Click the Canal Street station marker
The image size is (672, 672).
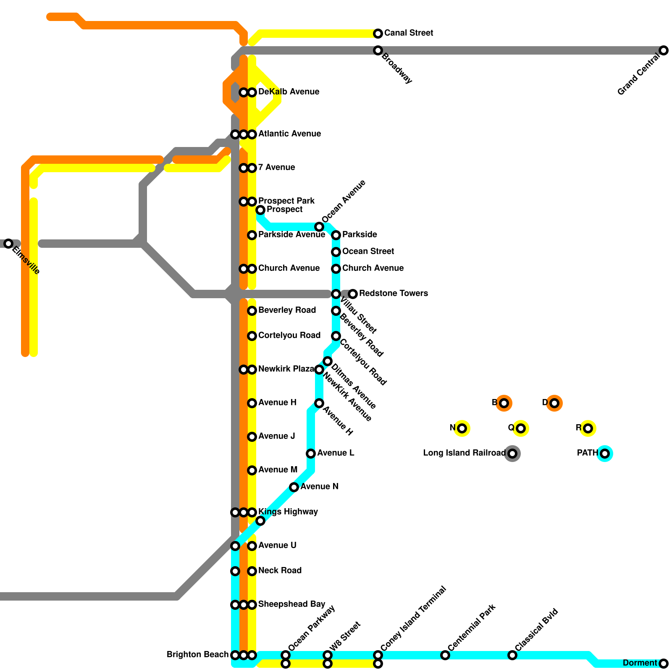[x=378, y=34]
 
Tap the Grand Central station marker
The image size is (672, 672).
[x=664, y=50]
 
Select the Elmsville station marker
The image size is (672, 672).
[x=8, y=244]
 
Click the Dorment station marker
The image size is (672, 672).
[x=664, y=664]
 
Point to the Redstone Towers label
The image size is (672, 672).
[x=393, y=293]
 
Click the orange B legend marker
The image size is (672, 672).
[x=504, y=403]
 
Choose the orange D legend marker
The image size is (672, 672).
[x=554, y=403]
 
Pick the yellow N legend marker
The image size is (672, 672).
[x=462, y=428]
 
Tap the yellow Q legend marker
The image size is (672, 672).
[x=521, y=428]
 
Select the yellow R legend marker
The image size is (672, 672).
[x=588, y=428]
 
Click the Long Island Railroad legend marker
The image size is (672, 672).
[x=512, y=454]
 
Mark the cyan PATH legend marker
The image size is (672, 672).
[x=605, y=454]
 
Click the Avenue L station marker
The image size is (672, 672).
[x=311, y=454]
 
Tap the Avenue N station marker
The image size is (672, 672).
[x=294, y=487]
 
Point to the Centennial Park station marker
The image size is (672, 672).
[x=445, y=655]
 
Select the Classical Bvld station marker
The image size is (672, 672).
[x=512, y=655]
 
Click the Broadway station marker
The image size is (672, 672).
[x=378, y=50]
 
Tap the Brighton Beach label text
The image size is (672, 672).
[x=197, y=654]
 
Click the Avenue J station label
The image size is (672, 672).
[x=276, y=436]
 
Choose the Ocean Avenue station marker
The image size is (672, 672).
[x=319, y=227]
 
